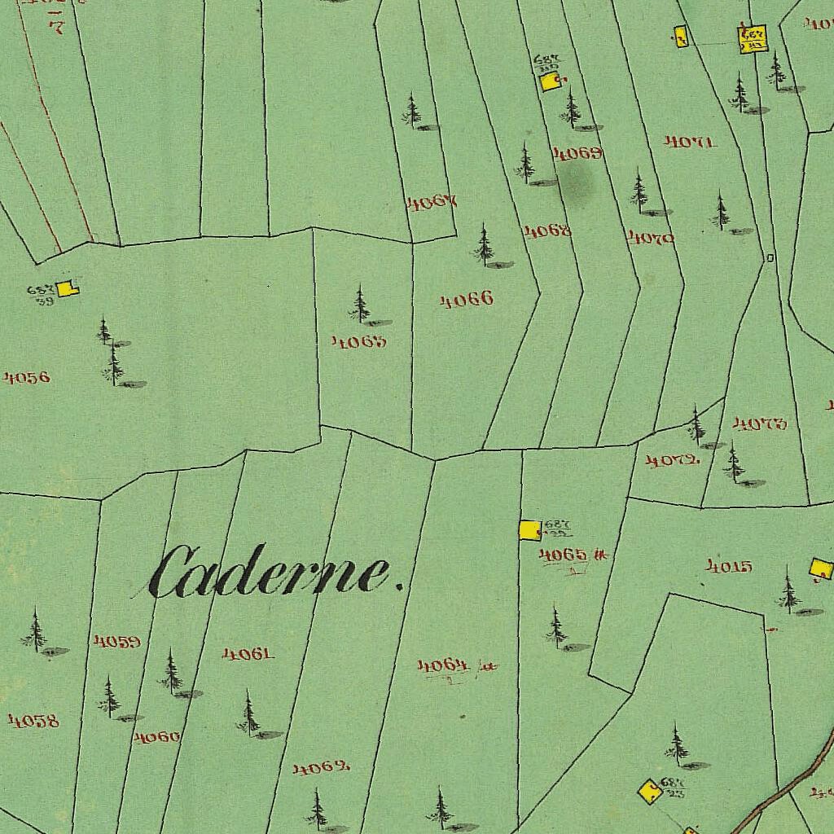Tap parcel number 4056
[x=27, y=377]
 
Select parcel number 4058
[x=33, y=721]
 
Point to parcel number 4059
[x=117, y=642]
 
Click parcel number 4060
[x=157, y=737]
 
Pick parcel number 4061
[x=248, y=653]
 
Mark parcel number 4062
[x=322, y=768]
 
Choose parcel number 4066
[x=467, y=301]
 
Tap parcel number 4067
[x=432, y=202]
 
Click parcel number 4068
[x=547, y=231]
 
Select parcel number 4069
[x=577, y=153]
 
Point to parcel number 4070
[x=651, y=238]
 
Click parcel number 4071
[x=690, y=142]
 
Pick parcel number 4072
[x=673, y=461]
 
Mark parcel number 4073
[x=760, y=424]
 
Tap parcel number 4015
[x=729, y=566]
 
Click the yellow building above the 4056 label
[x=67, y=288]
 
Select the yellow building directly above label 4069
[x=550, y=81]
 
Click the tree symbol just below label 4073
[x=734, y=464]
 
